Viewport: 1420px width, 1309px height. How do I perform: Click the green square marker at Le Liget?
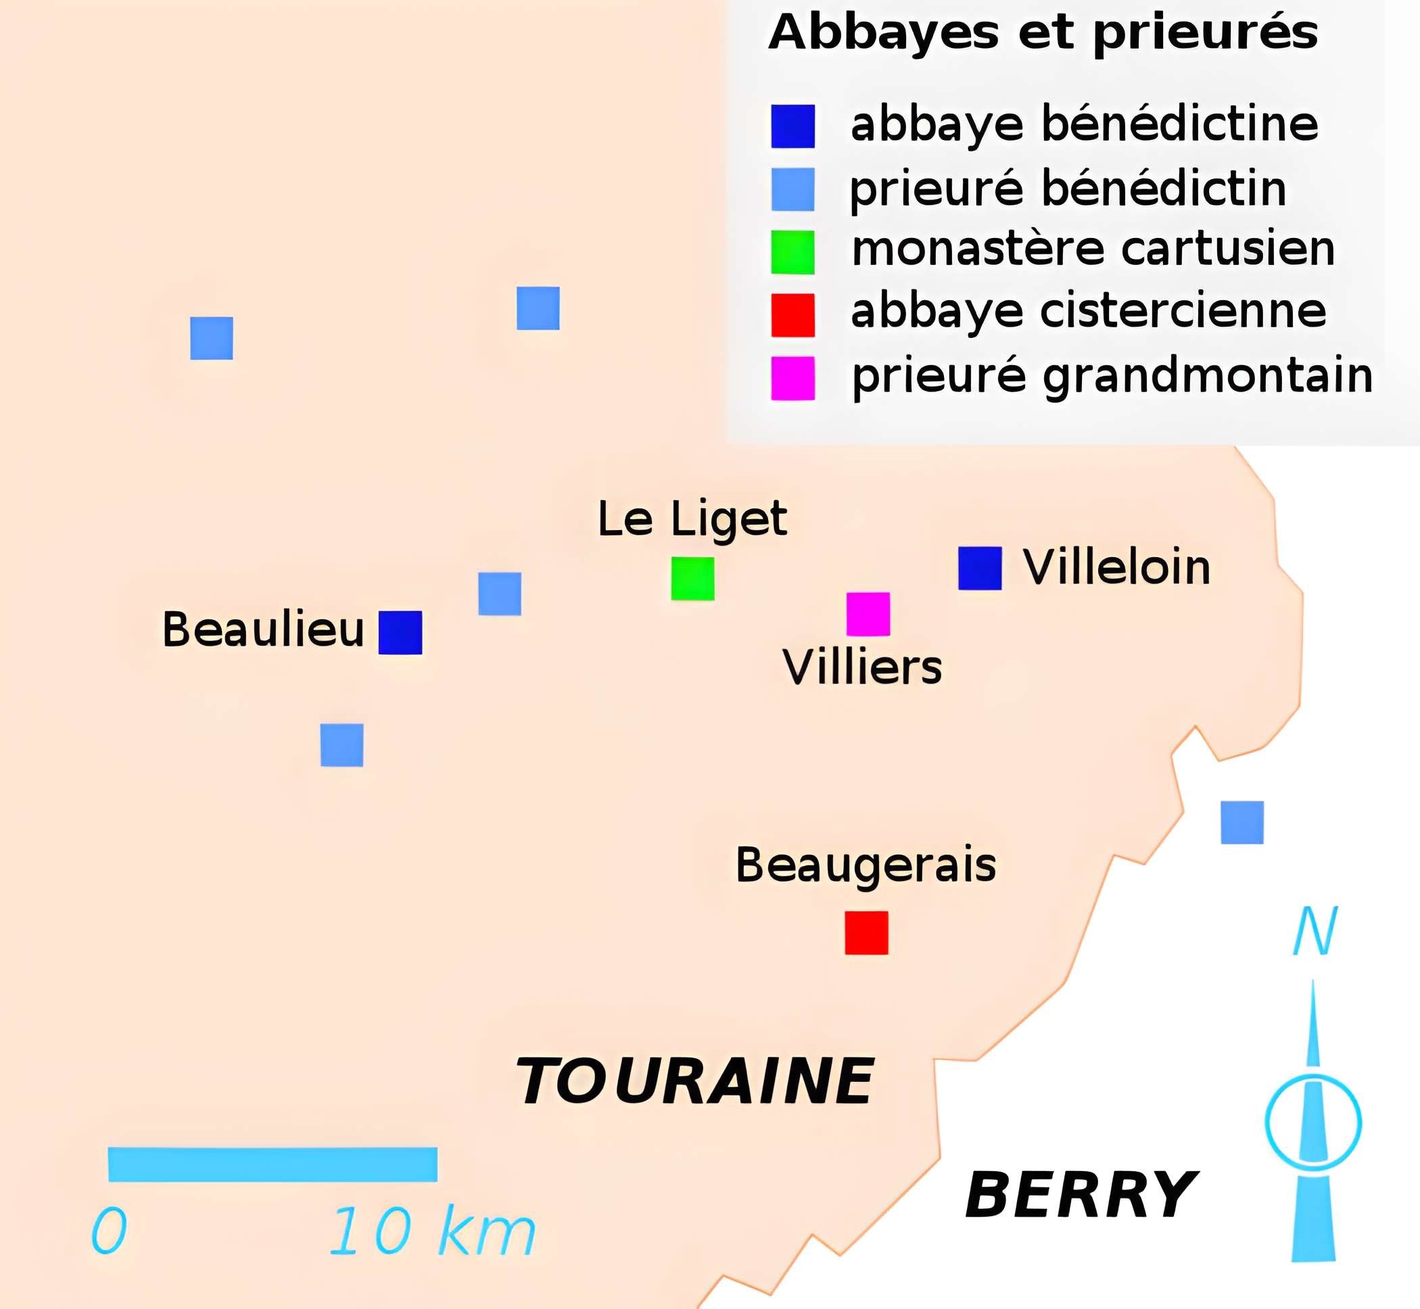[x=692, y=579]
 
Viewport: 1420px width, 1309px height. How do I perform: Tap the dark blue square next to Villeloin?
[x=980, y=568]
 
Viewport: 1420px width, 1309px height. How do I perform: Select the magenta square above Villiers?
[x=868, y=614]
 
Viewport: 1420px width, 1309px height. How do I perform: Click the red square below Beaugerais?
[x=866, y=933]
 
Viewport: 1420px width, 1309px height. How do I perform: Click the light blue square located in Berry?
[x=1242, y=822]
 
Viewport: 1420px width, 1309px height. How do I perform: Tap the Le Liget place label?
[x=692, y=519]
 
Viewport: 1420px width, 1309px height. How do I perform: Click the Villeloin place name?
[x=1117, y=567]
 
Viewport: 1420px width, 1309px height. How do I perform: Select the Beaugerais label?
[x=866, y=865]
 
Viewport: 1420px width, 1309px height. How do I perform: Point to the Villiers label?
[x=862, y=667]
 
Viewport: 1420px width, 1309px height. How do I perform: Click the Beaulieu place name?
[x=263, y=629]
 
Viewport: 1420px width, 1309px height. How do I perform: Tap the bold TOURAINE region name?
[x=694, y=1082]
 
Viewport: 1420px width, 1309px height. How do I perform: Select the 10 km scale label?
[x=432, y=1232]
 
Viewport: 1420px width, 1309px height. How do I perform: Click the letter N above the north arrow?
[x=1315, y=932]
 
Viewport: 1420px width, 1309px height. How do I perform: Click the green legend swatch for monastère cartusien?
[x=792, y=252]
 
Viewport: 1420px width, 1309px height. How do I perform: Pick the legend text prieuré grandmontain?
[x=1112, y=375]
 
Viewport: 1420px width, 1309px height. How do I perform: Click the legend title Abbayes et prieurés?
[x=1043, y=32]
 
